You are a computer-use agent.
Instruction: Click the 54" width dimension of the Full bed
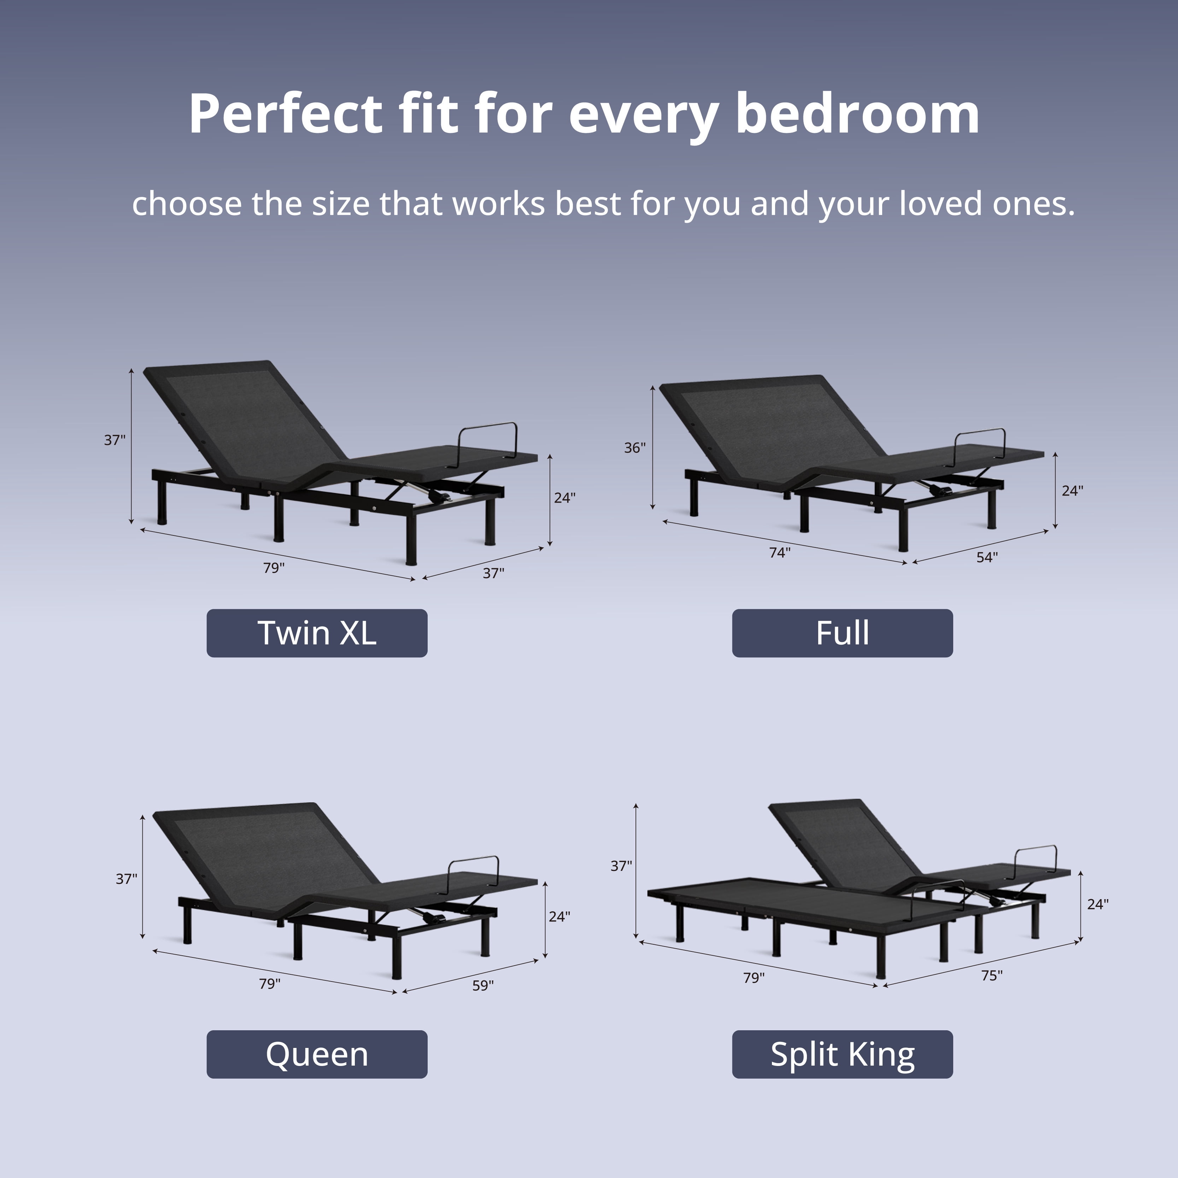987,557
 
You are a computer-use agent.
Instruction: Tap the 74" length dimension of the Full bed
780,552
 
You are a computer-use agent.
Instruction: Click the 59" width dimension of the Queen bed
483,985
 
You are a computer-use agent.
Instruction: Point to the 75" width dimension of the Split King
991,975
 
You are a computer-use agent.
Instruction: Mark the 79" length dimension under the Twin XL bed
274,568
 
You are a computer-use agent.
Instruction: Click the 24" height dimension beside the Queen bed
559,916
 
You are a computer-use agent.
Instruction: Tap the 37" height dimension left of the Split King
621,866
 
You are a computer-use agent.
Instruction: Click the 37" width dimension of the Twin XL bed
493,573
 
